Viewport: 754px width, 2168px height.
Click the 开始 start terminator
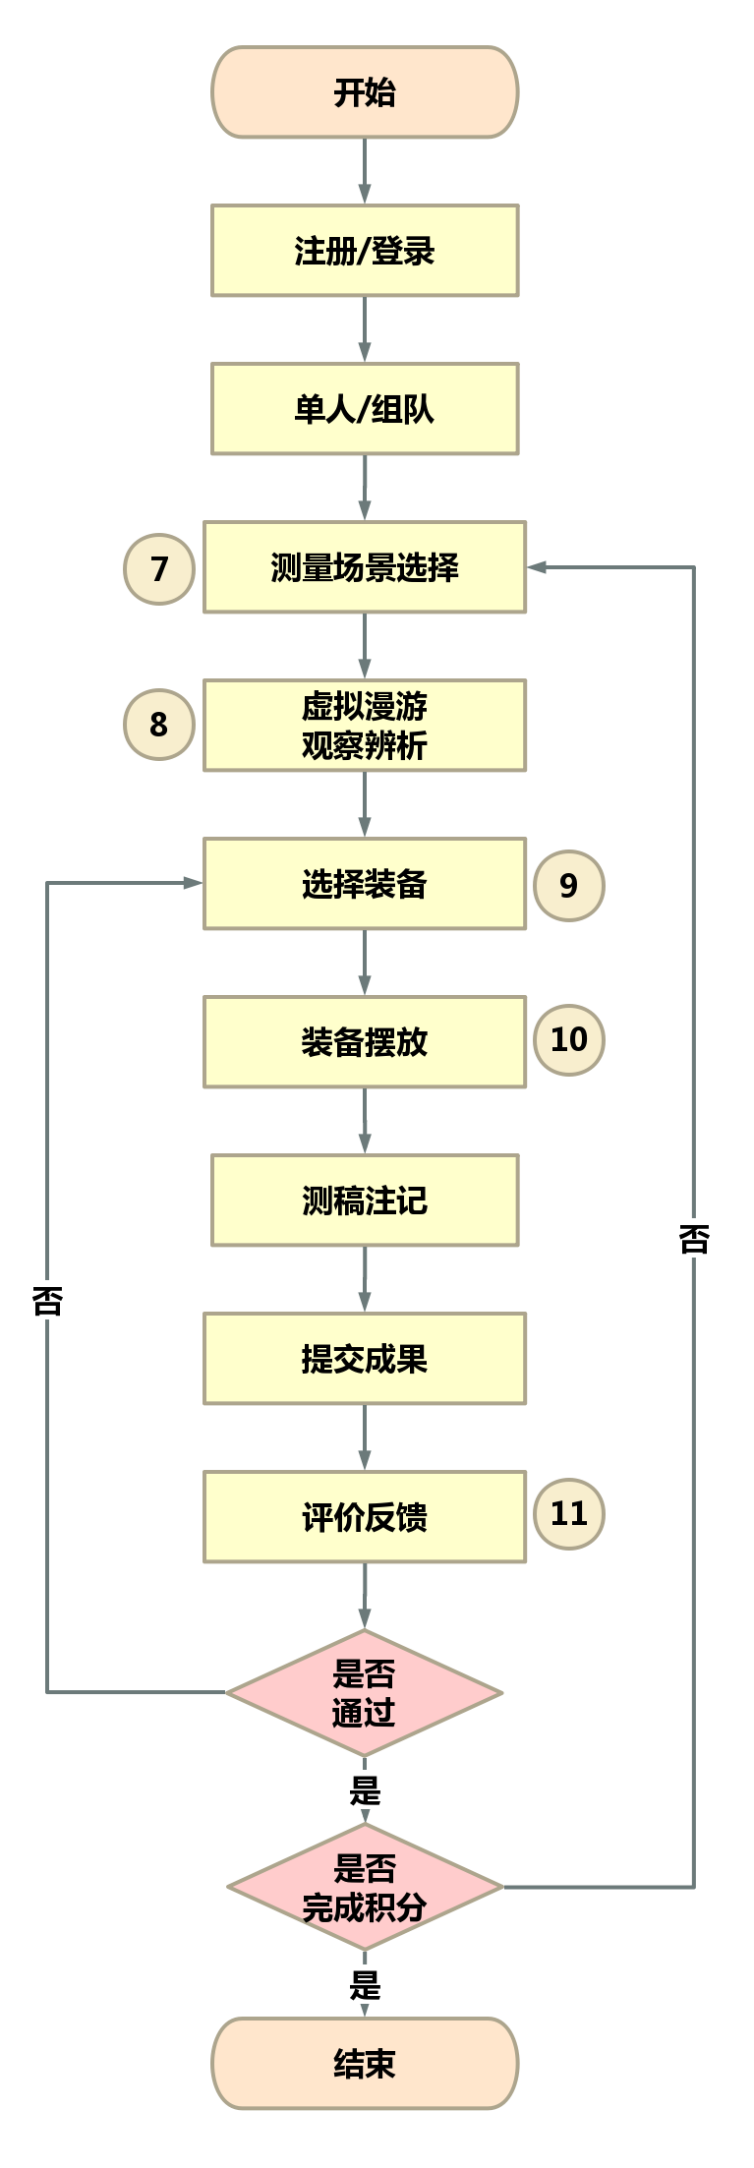pyautogui.click(x=365, y=92)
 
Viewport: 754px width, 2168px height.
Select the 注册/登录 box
pyautogui.click(x=365, y=251)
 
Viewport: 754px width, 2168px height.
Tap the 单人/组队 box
pyautogui.click(x=365, y=409)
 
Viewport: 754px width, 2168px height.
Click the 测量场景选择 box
pyautogui.click(x=365, y=567)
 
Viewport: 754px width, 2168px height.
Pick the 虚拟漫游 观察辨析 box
pyautogui.click(x=365, y=726)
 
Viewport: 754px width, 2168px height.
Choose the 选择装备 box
pyautogui.click(x=365, y=884)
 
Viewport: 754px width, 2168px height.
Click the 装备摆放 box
pyautogui.click(x=365, y=1042)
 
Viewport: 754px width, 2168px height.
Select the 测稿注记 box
pyautogui.click(x=365, y=1201)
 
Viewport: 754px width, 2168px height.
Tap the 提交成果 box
pyautogui.click(x=365, y=1359)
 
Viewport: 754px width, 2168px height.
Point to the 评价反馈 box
pyautogui.click(x=365, y=1517)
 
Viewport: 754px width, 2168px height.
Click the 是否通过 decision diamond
pyautogui.click(x=365, y=1693)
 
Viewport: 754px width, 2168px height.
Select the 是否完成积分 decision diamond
pyautogui.click(x=365, y=1887)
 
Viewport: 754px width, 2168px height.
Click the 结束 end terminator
pyautogui.click(x=365, y=2064)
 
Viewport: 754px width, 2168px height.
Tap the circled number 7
pyautogui.click(x=159, y=568)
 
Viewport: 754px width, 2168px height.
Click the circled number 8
pyautogui.click(x=159, y=725)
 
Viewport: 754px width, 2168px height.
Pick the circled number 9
pyautogui.click(x=568, y=885)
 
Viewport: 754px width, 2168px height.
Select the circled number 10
pyautogui.click(x=568, y=1039)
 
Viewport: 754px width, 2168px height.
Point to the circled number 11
pyautogui.click(x=568, y=1513)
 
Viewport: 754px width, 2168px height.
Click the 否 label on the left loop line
pyautogui.click(x=47, y=1299)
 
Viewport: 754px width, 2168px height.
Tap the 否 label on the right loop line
pyautogui.click(x=694, y=1237)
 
